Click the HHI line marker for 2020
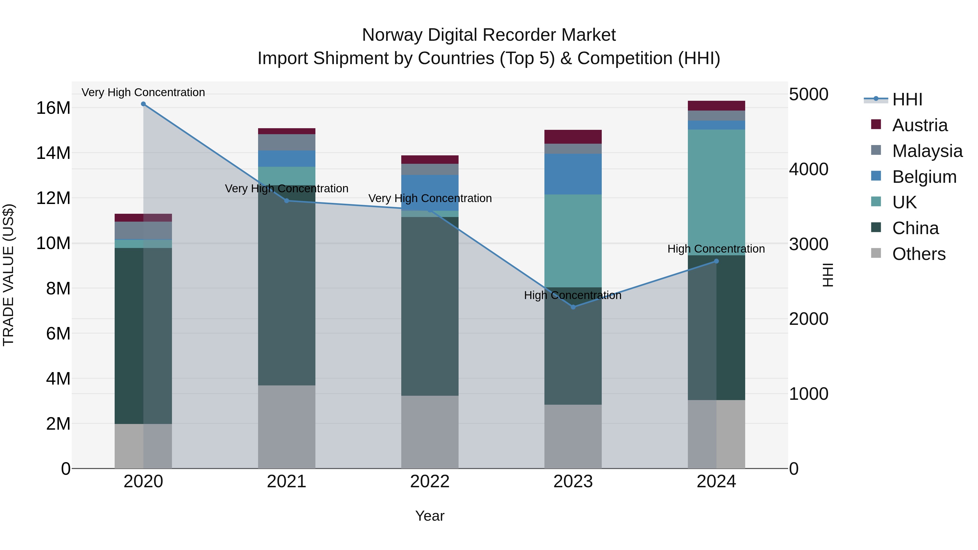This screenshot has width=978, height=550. [143, 104]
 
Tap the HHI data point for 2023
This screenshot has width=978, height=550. [573, 307]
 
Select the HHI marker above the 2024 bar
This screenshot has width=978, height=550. [716, 261]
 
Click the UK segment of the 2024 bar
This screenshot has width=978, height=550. [716, 192]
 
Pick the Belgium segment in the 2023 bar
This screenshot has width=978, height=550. [573, 174]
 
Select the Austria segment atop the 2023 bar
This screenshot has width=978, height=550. [573, 137]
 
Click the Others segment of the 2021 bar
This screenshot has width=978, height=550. [287, 427]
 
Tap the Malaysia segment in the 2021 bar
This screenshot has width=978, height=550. [287, 142]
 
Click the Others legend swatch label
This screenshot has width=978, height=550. [919, 254]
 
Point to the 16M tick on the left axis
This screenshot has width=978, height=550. [53, 108]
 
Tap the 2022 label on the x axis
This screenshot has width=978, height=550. [430, 482]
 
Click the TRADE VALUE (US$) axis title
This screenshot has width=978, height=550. [8, 275]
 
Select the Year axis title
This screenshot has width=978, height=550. [430, 516]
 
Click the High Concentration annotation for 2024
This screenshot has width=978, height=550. [716, 249]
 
